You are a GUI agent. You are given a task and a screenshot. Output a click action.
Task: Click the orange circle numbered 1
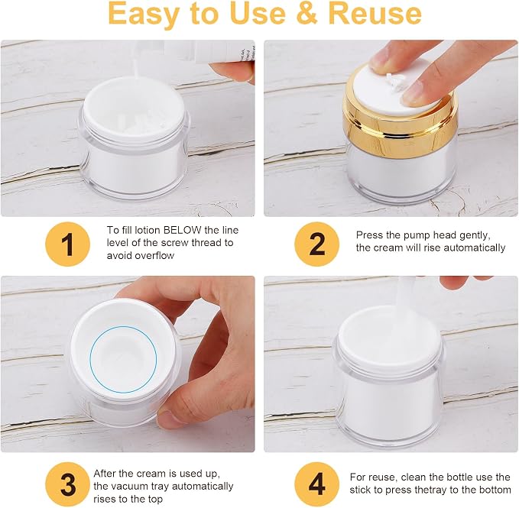tap(67, 244)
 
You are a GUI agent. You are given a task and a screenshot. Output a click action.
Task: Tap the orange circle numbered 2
tap(317, 244)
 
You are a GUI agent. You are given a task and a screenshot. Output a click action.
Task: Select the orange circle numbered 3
tap(67, 484)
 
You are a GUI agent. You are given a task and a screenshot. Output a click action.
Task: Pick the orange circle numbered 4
tap(317, 484)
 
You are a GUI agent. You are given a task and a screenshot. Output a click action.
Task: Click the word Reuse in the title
tap(375, 14)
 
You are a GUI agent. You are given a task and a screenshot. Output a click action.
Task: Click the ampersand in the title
tap(307, 14)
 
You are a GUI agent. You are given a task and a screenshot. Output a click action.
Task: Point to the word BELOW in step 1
tap(183, 230)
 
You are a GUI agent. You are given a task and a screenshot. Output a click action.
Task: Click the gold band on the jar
tap(401, 125)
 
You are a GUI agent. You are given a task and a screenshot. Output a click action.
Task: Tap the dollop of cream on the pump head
tap(396, 82)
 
